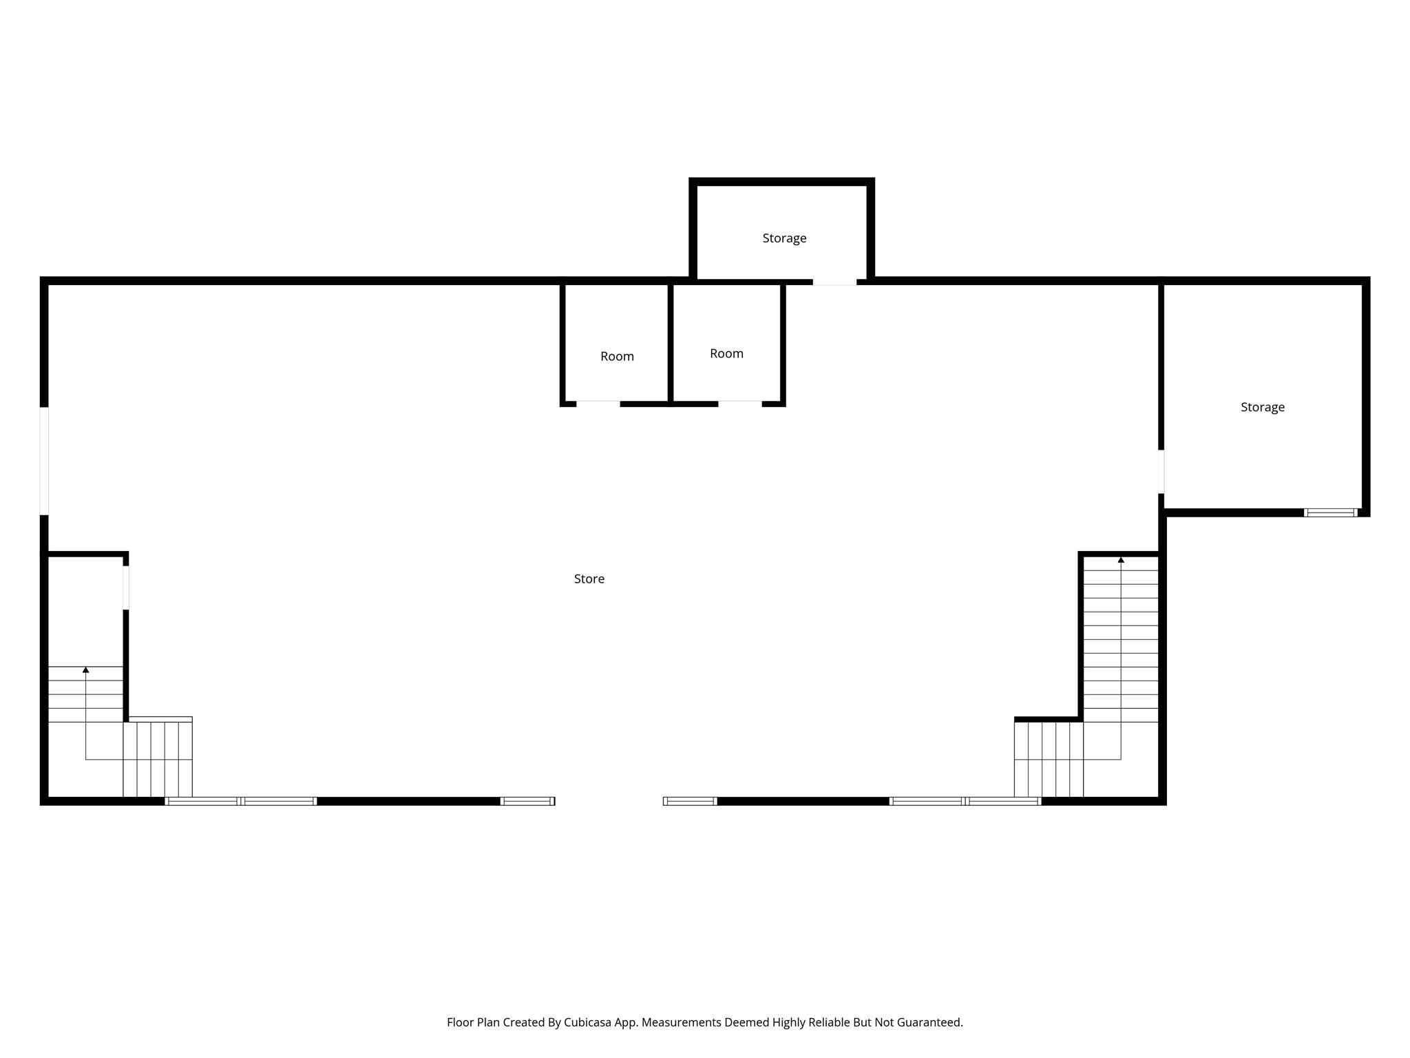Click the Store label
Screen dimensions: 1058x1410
point(589,579)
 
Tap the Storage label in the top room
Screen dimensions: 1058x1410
point(784,238)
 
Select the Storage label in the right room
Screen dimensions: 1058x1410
point(1262,407)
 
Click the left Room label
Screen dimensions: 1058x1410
point(617,356)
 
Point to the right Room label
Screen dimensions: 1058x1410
point(726,353)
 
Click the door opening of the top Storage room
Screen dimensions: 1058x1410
point(834,282)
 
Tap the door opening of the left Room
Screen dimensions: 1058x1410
point(598,404)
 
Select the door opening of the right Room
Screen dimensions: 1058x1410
point(740,404)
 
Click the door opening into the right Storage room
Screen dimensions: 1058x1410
point(1161,472)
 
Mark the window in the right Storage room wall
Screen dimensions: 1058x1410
point(1330,512)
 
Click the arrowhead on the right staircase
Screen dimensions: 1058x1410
point(1121,560)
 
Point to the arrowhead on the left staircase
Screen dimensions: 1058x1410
point(86,670)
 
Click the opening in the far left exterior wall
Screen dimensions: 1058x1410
point(44,461)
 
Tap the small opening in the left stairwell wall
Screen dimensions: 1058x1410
point(126,588)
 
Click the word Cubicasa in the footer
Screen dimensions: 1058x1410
point(588,1022)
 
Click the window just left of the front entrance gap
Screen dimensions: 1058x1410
point(527,801)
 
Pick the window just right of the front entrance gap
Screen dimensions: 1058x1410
point(690,801)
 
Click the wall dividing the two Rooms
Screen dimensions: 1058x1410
point(670,342)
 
